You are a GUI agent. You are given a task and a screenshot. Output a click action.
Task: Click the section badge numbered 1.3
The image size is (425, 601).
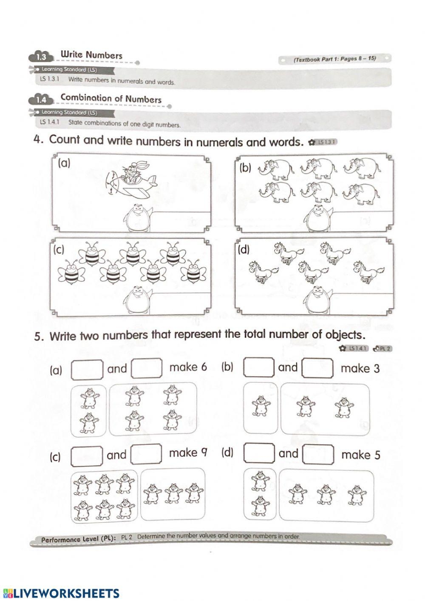tap(42, 57)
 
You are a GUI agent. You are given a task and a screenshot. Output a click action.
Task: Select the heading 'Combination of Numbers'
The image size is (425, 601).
tap(111, 98)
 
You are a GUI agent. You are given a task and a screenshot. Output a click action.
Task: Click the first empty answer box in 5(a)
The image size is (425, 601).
tap(87, 369)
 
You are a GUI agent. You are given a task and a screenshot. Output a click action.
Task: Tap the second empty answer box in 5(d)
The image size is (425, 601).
tap(318, 454)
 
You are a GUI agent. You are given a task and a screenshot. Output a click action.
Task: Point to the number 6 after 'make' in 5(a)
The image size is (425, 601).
tap(203, 367)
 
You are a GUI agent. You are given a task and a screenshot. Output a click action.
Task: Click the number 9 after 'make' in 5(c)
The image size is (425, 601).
tap(204, 453)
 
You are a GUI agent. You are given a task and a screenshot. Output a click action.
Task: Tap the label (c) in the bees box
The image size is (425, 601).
tap(59, 249)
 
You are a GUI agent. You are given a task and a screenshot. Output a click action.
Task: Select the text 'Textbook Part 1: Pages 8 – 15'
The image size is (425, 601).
tap(334, 59)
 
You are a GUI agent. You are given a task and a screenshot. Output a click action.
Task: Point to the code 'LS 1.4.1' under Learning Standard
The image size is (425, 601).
tap(48, 122)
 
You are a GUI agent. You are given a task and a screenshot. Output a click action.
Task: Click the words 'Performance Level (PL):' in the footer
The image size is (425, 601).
tap(79, 539)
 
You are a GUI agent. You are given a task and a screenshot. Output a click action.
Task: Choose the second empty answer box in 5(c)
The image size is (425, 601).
tap(146, 454)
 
